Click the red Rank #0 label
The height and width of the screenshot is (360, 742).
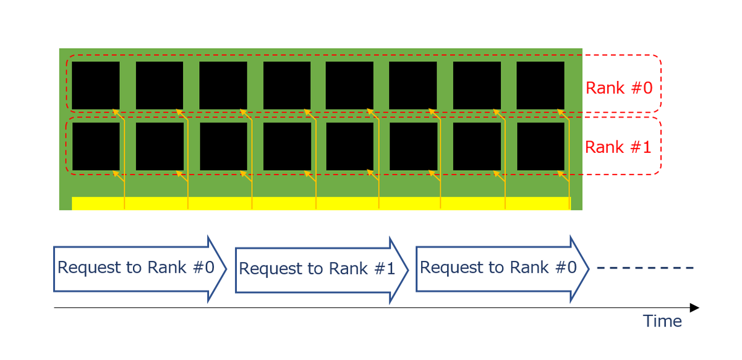tap(618, 88)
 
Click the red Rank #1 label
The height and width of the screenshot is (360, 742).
tap(618, 147)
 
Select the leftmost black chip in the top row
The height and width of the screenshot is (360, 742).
tap(96, 85)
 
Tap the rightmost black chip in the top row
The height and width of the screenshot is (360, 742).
tap(540, 85)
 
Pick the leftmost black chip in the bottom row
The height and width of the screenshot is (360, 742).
tap(96, 146)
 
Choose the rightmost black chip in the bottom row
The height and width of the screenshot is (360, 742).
tap(540, 146)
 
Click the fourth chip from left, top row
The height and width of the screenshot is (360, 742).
tap(287, 85)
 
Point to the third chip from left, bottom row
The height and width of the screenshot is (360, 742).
tap(223, 146)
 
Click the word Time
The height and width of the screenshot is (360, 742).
tap(662, 322)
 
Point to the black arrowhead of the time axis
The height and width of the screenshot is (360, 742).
tap(694, 307)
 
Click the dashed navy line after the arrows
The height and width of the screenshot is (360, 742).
tap(646, 268)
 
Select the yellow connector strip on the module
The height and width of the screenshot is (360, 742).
tap(320, 204)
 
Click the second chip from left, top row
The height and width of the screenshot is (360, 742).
tap(160, 85)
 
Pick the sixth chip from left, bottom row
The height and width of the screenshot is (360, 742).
tap(413, 146)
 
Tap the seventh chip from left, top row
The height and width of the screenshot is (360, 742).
tap(477, 85)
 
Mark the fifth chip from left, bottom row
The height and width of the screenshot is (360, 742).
tap(349, 146)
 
